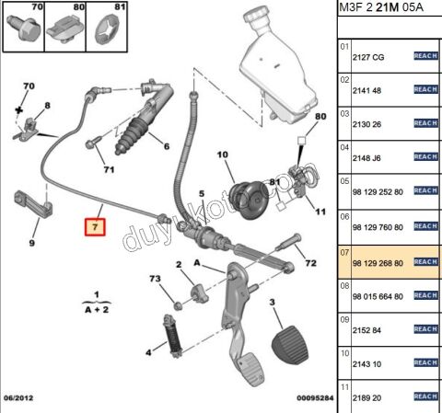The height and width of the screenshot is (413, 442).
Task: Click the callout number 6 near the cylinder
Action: (x=166, y=145)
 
